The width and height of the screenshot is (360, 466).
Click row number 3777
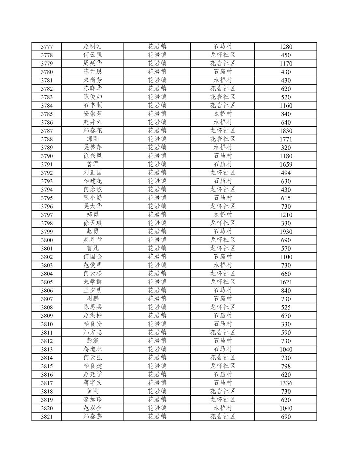(x=47, y=47)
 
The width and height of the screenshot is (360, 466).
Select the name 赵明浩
(x=93, y=46)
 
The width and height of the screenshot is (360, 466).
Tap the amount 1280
(x=286, y=47)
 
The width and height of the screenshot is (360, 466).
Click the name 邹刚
(x=93, y=139)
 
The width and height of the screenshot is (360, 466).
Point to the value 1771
(x=286, y=139)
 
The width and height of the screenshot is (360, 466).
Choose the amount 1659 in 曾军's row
(x=286, y=164)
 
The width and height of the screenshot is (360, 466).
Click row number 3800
(x=47, y=240)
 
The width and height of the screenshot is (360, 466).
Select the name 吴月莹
(x=93, y=240)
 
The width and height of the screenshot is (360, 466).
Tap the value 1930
(x=286, y=232)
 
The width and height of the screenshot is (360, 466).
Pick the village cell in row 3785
(x=223, y=113)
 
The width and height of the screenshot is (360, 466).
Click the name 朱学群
(x=93, y=282)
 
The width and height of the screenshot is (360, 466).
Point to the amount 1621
(x=286, y=282)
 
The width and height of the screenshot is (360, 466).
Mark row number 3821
(x=47, y=417)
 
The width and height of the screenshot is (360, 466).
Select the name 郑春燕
(x=93, y=416)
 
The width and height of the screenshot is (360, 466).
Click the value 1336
(x=286, y=383)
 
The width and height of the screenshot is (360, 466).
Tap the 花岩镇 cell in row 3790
(x=157, y=156)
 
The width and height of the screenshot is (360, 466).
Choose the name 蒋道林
(x=93, y=349)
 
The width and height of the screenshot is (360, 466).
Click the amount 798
(x=286, y=366)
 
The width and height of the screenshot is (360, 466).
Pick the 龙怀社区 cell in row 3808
(x=223, y=307)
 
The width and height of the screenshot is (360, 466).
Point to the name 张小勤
(x=93, y=198)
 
